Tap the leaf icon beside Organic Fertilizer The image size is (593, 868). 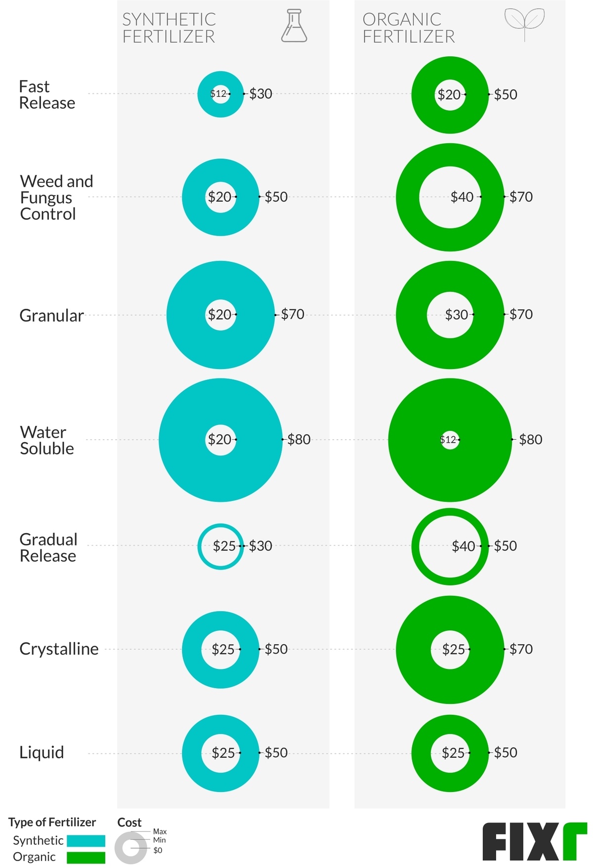pos(524,23)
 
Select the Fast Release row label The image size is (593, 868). pos(46,94)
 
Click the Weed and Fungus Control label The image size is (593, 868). pos(56,197)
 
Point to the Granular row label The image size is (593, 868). pos(51,315)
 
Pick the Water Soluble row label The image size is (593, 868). pos(46,440)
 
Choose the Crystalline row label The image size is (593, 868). pos(59,649)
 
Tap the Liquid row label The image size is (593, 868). pos(42,752)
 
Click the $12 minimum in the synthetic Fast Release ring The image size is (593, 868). pos(218,93)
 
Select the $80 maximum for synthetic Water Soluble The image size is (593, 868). pos(299,439)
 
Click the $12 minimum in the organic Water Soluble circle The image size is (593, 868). pos(448,439)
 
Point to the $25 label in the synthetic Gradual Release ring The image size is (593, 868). pos(224,546)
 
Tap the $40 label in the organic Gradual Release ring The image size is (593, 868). pos(463,546)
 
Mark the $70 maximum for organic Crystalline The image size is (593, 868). pos(521,649)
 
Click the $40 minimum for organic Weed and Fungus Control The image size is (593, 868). pos(462,197)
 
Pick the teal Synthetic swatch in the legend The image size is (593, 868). pos(86,840)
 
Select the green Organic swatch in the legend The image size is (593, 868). pos(86,857)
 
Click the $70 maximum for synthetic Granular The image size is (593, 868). pos(293,314)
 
